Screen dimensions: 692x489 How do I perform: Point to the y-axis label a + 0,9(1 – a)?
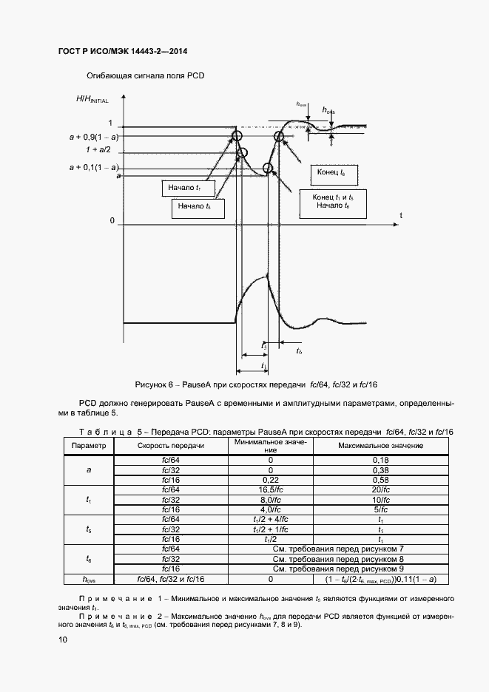[x=94, y=138]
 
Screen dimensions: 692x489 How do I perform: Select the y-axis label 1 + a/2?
[x=98, y=149]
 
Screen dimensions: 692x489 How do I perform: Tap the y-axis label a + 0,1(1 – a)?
[x=94, y=168]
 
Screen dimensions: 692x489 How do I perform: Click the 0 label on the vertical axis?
[x=112, y=221]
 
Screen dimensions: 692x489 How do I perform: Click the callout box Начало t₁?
[x=186, y=189]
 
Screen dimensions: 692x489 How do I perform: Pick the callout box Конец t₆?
[x=331, y=173]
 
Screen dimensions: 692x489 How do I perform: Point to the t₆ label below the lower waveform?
[x=299, y=350]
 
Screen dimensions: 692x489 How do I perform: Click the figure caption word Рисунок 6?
[x=154, y=384]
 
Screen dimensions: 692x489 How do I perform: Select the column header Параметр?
[x=89, y=446]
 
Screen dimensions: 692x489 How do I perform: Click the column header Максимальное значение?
[x=381, y=446]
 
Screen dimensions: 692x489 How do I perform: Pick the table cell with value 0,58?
[x=381, y=480]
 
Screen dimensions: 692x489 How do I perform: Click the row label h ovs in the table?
[x=89, y=579]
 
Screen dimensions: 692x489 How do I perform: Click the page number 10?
[x=62, y=640]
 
